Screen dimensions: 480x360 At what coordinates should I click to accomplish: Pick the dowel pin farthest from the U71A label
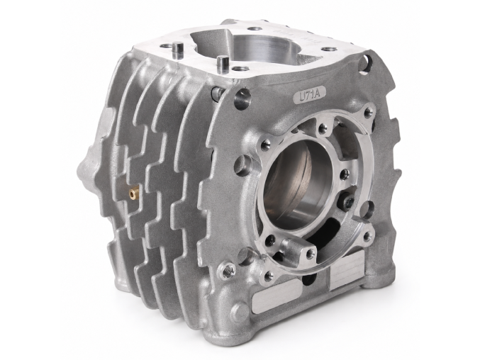pyautogui.click(x=177, y=48)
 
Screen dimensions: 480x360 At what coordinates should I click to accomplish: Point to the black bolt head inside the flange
pyautogui.click(x=347, y=202)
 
